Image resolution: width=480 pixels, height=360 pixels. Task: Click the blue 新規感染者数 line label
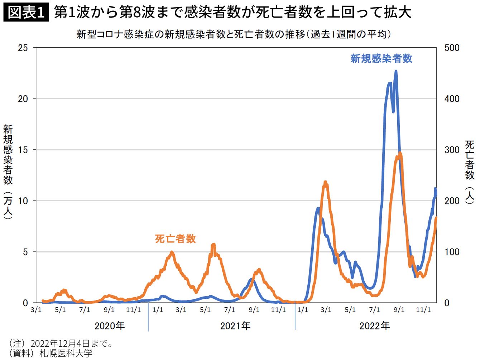381,59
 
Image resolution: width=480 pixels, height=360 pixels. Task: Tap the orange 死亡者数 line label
176,239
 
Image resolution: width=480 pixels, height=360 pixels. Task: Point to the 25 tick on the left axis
23,48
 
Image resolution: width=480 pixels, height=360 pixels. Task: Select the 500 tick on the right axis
452,48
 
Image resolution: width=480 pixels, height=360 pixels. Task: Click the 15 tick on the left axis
23,150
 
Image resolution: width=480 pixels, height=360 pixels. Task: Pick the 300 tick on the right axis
452,150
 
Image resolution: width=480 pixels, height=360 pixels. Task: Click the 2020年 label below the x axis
110,326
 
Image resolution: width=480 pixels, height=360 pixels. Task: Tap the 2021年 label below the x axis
235,326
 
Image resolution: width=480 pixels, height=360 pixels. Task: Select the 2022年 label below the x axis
375,326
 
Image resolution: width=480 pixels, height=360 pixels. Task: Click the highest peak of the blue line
396,71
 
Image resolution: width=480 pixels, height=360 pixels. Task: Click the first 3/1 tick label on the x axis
36,310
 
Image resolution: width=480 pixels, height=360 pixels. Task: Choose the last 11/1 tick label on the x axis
423,310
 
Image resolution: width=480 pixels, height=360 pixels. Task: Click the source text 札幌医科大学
66,354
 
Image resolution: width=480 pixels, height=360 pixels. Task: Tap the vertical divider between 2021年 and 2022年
295,316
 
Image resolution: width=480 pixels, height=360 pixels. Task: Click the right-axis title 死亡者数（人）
470,172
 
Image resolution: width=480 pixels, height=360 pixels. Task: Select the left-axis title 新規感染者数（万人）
8,172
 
